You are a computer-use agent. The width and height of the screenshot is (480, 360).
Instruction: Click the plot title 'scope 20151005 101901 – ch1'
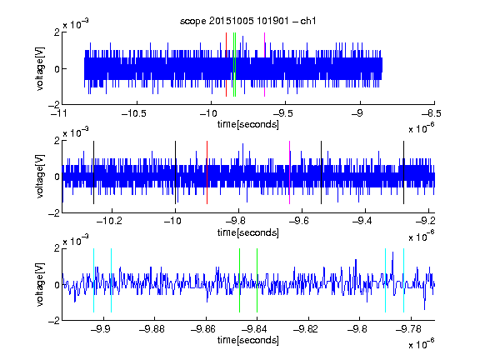pyautogui.click(x=247, y=21)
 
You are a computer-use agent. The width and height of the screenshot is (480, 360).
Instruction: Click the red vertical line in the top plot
pyautogui.click(x=226, y=65)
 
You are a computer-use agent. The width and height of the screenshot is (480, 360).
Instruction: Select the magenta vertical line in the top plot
pyautogui.click(x=264, y=65)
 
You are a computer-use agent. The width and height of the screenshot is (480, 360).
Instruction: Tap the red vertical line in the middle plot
pyautogui.click(x=207, y=172)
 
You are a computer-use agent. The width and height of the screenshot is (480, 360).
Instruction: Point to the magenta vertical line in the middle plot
pyautogui.click(x=290, y=172)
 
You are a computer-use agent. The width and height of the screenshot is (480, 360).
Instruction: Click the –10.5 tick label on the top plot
pyautogui.click(x=134, y=113)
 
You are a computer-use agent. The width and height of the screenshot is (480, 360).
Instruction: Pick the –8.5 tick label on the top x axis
pyautogui.click(x=432, y=113)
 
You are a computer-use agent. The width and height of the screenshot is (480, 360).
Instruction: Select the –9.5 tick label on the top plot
pyautogui.click(x=282, y=113)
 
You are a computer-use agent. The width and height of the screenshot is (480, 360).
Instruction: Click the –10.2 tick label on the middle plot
pyautogui.click(x=109, y=221)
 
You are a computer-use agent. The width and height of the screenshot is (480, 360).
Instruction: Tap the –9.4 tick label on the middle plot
pyautogui.click(x=362, y=221)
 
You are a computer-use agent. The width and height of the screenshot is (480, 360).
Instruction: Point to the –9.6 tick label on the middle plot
pyautogui.click(x=299, y=221)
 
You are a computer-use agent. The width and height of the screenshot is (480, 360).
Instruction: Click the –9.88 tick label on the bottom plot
pyautogui.click(x=152, y=329)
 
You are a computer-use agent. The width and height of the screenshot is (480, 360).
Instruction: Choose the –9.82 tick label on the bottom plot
pyautogui.click(x=306, y=329)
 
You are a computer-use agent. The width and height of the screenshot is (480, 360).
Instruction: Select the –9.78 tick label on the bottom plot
pyautogui.click(x=408, y=329)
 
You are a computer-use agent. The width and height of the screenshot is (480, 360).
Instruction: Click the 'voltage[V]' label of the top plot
pyautogui.click(x=40, y=68)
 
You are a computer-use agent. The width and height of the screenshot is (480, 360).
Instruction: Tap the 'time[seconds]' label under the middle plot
pyautogui.click(x=248, y=232)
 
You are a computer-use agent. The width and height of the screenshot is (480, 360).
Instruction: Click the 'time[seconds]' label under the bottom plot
pyautogui.click(x=248, y=340)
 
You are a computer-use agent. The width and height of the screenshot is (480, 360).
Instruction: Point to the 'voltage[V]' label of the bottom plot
pyautogui.click(x=40, y=284)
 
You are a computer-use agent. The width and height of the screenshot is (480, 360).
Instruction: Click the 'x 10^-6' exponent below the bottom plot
pyautogui.click(x=422, y=344)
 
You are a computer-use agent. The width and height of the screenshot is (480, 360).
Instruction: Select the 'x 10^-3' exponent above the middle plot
pyautogui.click(x=76, y=132)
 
